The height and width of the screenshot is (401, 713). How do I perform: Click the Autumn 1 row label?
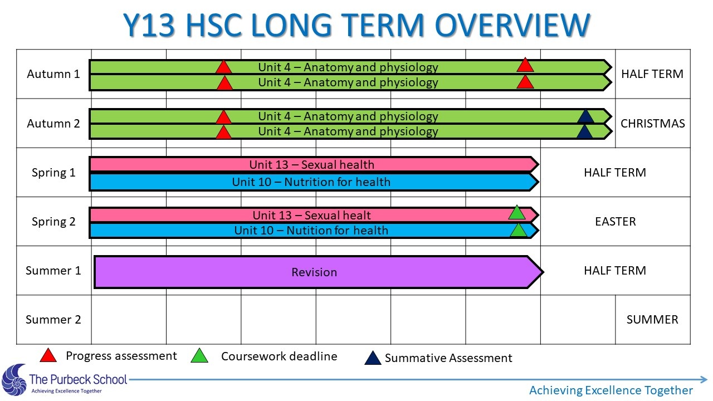coord(53,74)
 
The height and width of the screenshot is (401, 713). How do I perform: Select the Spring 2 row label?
coord(53,222)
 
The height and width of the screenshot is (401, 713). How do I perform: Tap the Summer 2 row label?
coord(53,320)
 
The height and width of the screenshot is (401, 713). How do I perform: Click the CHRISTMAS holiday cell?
coord(652,123)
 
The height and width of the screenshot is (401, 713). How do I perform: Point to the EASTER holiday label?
coord(616,222)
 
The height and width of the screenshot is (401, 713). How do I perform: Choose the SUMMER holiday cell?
coord(652,320)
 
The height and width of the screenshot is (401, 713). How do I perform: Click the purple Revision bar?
coord(318,272)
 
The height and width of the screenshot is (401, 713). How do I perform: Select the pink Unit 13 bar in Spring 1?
coord(314,164)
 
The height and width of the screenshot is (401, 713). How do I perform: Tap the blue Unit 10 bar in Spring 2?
coord(314,231)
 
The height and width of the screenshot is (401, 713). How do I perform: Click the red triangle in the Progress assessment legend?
coord(48,356)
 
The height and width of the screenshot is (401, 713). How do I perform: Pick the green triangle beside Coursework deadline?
coord(199,356)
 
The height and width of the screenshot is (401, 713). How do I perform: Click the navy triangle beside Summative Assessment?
coord(373,358)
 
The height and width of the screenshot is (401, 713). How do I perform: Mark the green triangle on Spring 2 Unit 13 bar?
coord(516,213)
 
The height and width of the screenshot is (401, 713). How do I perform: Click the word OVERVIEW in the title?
coord(512,25)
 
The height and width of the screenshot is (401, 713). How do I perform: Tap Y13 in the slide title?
coord(149,25)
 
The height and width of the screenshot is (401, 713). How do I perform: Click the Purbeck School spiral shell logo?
coord(14,380)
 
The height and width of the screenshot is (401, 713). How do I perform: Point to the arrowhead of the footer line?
coord(704,379)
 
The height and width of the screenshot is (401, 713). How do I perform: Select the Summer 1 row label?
coord(53,271)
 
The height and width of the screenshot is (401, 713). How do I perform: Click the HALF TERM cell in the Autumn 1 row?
coord(652,74)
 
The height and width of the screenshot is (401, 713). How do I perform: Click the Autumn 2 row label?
coord(53,123)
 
